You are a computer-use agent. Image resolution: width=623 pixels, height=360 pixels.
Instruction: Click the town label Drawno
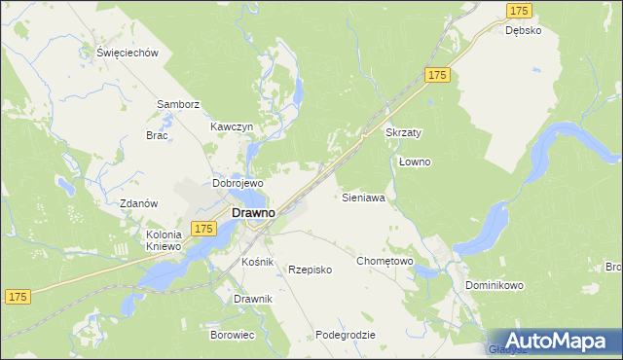251,211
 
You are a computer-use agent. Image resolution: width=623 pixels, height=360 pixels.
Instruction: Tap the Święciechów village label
128,54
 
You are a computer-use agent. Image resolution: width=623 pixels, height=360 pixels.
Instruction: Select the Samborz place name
178,104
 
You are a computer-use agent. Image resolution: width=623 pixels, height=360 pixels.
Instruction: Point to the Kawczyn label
232,127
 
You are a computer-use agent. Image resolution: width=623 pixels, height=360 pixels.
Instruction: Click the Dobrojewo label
238,183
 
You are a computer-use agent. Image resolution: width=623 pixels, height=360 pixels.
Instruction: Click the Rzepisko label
311,270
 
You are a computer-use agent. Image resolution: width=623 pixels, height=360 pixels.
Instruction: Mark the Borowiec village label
232,334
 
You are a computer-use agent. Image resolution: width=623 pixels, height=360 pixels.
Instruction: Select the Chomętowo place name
385,261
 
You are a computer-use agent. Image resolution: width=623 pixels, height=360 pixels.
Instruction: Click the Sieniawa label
364,197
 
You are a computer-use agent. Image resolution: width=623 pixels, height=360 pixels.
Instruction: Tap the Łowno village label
415,162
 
